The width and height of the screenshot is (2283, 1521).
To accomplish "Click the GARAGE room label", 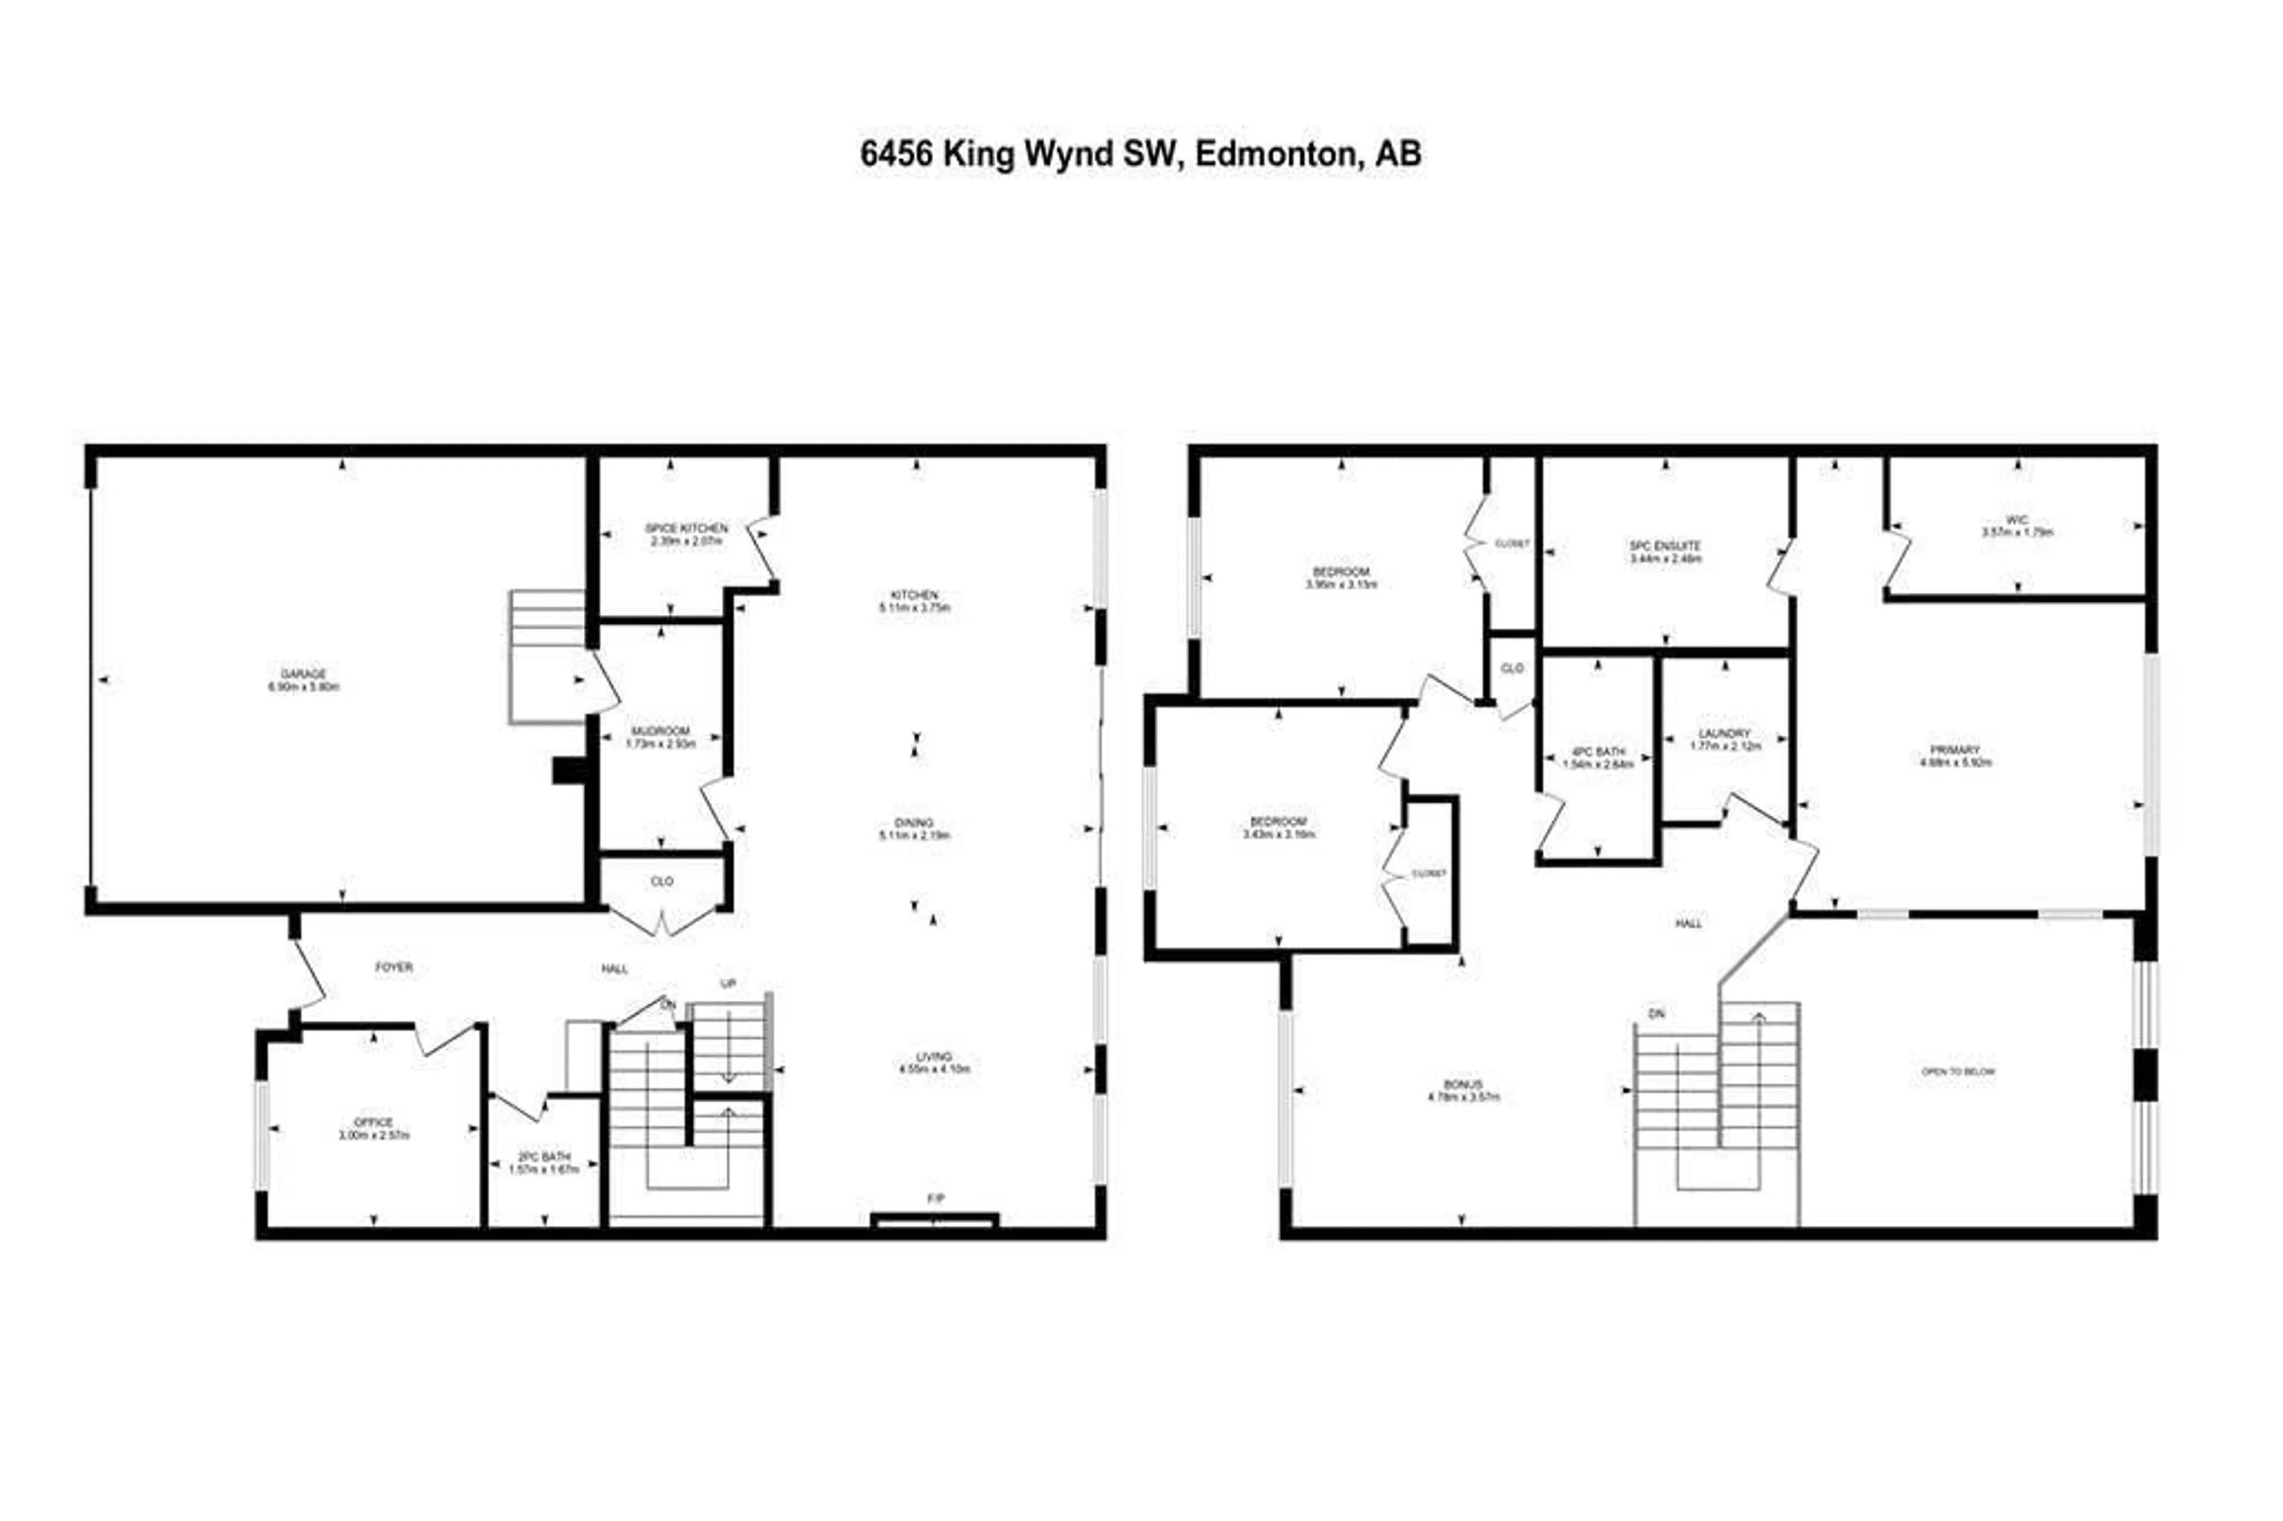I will tap(304, 673).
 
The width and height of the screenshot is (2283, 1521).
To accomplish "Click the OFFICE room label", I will tap(373, 1123).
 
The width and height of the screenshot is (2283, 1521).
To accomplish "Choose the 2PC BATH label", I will tap(543, 1157).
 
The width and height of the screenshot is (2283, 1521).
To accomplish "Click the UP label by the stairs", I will tap(728, 983).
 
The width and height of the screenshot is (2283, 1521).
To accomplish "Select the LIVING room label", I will tap(934, 1057).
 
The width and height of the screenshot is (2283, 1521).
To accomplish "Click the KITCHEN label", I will tap(914, 595).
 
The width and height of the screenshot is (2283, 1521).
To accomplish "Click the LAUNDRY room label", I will tap(1724, 733).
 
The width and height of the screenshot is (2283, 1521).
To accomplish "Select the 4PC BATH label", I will tap(1598, 752).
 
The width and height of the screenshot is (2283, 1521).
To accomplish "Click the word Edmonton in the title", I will tap(1274, 154).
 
